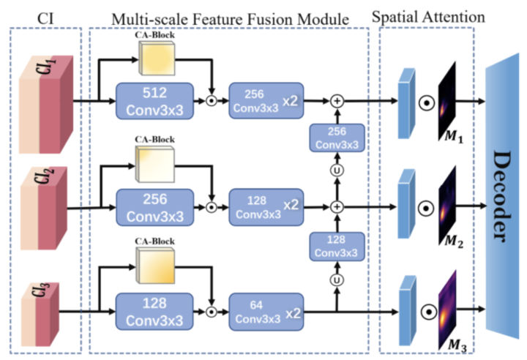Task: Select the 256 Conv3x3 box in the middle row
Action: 154,207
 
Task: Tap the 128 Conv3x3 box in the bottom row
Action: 154,312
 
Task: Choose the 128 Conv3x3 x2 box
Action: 266,207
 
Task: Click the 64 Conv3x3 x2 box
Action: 266,312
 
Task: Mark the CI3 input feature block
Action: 49,311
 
